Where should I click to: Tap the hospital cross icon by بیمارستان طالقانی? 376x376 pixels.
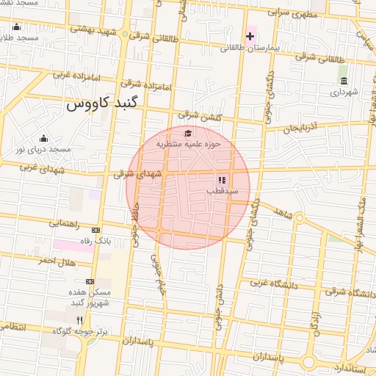point(250,36)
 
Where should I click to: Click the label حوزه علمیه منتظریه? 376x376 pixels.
point(188,145)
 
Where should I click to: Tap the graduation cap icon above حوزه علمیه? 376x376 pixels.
point(188,134)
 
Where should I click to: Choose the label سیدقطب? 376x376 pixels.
point(221,191)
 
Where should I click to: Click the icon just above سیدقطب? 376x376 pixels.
point(221,180)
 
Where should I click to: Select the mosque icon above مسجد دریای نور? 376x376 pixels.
point(43,138)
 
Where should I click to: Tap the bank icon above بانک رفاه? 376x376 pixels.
point(95,231)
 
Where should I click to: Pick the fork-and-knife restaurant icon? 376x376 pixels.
point(79,320)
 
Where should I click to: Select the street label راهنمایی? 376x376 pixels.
point(74,223)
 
